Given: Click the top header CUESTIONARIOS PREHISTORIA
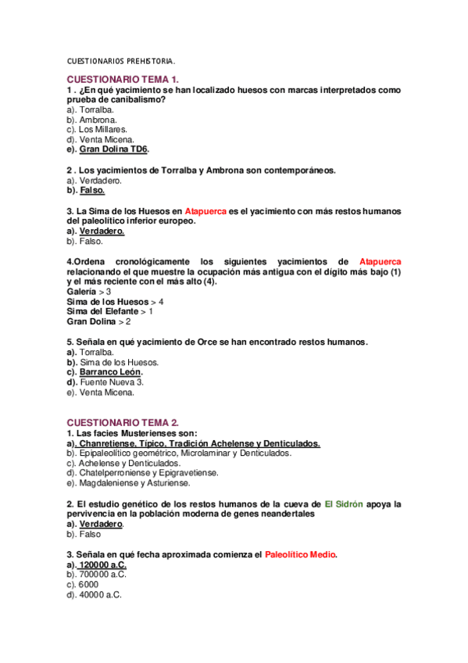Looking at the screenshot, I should [121, 61].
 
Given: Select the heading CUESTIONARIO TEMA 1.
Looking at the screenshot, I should [123, 80].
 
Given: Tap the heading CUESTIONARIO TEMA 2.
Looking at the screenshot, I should [123, 422].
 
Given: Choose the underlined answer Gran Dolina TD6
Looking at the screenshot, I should [114, 149].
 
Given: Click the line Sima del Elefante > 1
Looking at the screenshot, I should [110, 311].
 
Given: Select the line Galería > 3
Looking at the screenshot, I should [89, 291].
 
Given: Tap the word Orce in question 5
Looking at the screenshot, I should [200, 342].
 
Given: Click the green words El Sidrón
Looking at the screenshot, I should [344, 504].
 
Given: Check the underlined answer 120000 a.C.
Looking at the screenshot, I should [101, 564].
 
